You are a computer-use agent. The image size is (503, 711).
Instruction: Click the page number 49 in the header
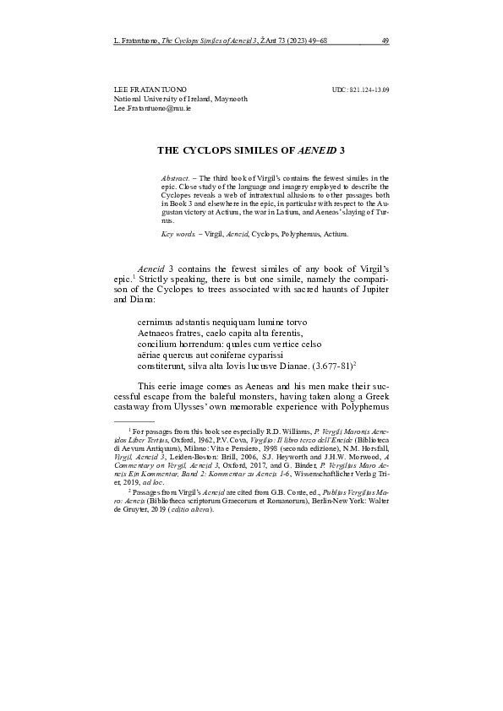[384, 40]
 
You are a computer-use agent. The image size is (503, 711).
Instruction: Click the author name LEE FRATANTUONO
[150, 89]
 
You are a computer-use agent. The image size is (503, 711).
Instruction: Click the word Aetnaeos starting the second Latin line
[158, 334]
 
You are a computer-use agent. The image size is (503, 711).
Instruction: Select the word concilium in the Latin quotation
[157, 345]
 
